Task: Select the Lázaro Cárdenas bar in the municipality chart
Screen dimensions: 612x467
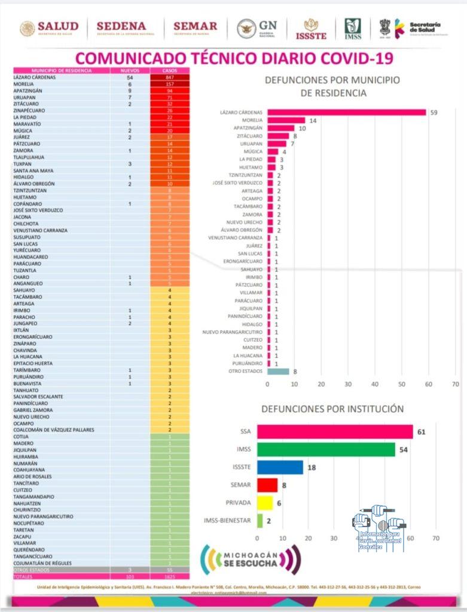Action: (x=346, y=112)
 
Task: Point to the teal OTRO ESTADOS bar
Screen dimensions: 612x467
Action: (x=278, y=371)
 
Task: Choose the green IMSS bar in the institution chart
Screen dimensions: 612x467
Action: (x=326, y=449)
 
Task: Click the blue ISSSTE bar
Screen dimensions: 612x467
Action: (x=280, y=467)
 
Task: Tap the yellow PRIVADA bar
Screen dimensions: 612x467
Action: (x=264, y=503)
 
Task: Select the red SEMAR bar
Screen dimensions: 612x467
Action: (x=267, y=485)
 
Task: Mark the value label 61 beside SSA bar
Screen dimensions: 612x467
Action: (x=421, y=432)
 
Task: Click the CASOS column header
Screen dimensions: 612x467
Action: (x=169, y=71)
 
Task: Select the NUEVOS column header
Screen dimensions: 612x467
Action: (x=130, y=71)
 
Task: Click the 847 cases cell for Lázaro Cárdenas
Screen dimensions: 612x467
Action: (x=169, y=77)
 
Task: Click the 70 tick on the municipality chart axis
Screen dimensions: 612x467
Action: (x=456, y=384)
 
